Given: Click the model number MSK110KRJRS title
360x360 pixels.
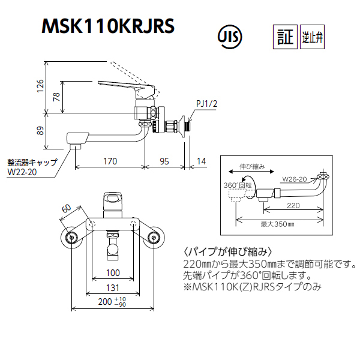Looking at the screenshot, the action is pyautogui.click(x=108, y=26).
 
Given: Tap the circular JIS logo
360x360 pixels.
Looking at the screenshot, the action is pyautogui.click(x=230, y=37).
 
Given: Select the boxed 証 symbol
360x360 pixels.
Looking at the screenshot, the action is pyautogui.click(x=285, y=37).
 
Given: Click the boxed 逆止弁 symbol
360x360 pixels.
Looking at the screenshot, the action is pyautogui.click(x=312, y=37).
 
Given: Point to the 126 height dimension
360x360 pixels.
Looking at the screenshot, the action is pyautogui.click(x=40, y=86).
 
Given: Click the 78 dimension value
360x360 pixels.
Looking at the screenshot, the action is pyautogui.click(x=56, y=97).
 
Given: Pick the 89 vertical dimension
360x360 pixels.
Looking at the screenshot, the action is pyautogui.click(x=40, y=131).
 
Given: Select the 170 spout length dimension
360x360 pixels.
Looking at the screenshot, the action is pyautogui.click(x=110, y=161).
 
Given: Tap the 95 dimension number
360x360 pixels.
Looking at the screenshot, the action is pyautogui.click(x=164, y=161).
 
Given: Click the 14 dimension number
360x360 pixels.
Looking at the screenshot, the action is pyautogui.click(x=202, y=161).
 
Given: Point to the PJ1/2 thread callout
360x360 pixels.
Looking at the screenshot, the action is pyautogui.click(x=206, y=104).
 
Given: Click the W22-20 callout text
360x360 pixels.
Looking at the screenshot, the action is pyautogui.click(x=22, y=172).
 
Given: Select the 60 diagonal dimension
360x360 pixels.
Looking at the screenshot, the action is pyautogui.click(x=67, y=209).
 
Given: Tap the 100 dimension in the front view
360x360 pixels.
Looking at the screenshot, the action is pyautogui.click(x=113, y=273).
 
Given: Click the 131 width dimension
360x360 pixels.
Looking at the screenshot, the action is pyautogui.click(x=113, y=287).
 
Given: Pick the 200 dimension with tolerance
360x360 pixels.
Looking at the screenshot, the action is pyautogui.click(x=112, y=302).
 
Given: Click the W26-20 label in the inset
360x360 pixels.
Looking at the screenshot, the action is pyautogui.click(x=295, y=179).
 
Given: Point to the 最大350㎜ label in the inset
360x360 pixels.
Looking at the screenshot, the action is pyautogui.click(x=277, y=224).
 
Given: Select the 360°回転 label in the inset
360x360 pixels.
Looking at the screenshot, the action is pyautogui.click(x=238, y=185).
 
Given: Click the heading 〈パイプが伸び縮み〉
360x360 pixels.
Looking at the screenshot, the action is pyautogui.click(x=228, y=252).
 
